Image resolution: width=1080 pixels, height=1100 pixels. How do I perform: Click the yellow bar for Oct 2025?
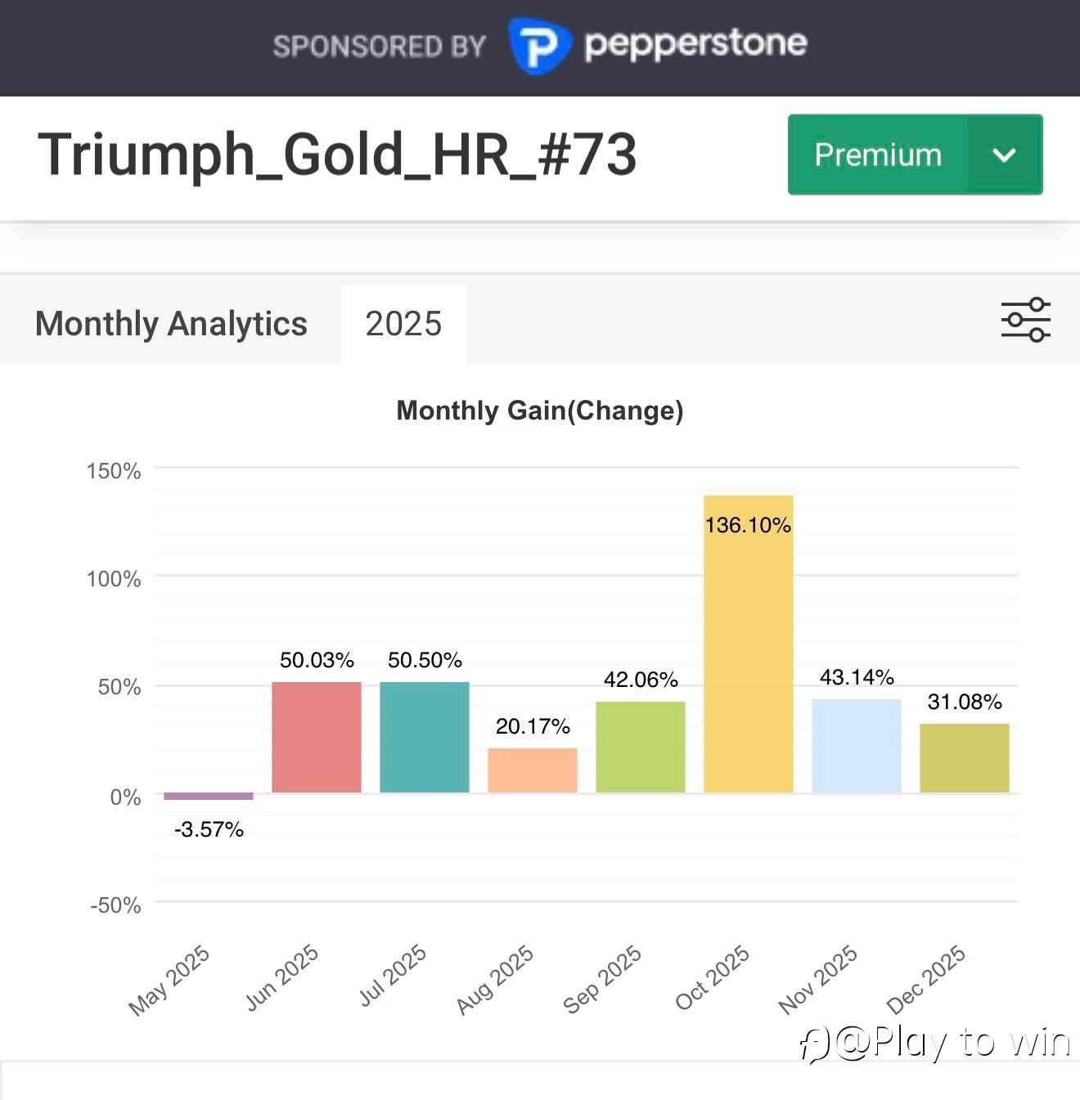tap(748, 654)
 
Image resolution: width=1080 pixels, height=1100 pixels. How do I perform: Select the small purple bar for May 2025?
tap(209, 796)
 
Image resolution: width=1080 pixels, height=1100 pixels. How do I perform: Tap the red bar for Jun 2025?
tap(317, 737)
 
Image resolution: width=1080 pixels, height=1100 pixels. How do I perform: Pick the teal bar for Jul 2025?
tap(425, 737)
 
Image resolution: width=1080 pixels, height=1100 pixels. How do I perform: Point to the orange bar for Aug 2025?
tap(533, 770)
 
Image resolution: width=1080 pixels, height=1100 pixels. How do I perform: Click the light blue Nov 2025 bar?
tap(857, 746)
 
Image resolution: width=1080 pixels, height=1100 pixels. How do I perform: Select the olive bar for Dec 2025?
tap(965, 758)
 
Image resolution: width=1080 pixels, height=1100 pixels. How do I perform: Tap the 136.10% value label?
tap(748, 525)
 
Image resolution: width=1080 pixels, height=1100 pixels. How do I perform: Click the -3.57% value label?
tap(209, 829)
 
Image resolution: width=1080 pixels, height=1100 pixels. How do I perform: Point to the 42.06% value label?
tap(641, 680)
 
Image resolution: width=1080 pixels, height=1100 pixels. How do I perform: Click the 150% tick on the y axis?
tap(114, 471)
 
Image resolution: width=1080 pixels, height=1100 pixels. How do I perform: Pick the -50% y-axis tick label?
tap(115, 905)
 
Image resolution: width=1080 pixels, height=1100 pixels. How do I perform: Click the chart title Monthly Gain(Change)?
tap(540, 410)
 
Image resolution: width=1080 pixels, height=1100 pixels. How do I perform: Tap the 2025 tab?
tap(403, 324)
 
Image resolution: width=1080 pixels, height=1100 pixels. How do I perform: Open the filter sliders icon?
tap(1025, 319)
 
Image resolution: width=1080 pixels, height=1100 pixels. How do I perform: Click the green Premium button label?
tap(878, 155)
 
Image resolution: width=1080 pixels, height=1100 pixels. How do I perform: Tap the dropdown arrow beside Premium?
tap(1004, 155)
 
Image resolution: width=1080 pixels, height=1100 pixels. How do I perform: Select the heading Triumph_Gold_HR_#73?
tap(337, 155)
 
